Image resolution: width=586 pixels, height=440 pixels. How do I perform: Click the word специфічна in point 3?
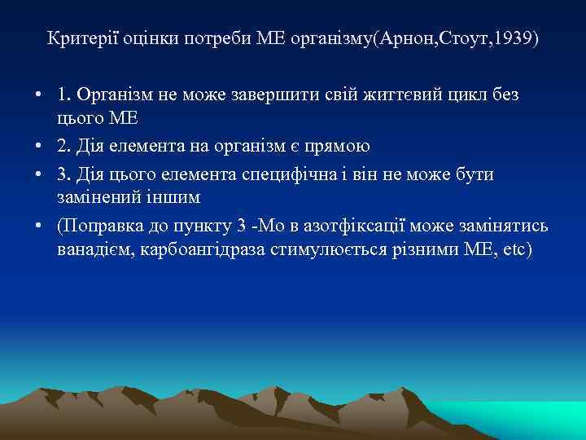click(x=308, y=175)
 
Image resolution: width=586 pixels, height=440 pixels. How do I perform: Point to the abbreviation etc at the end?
click(x=514, y=249)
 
